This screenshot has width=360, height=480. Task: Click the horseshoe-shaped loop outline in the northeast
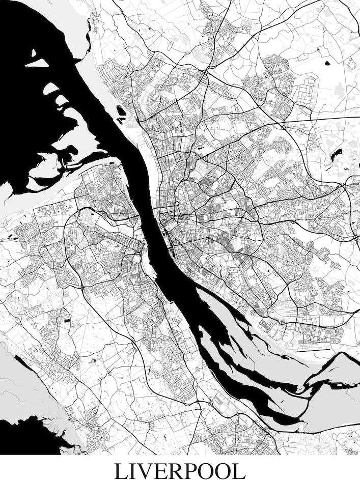(x=352, y=63)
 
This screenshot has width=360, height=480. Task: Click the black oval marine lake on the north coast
(x=121, y=110)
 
